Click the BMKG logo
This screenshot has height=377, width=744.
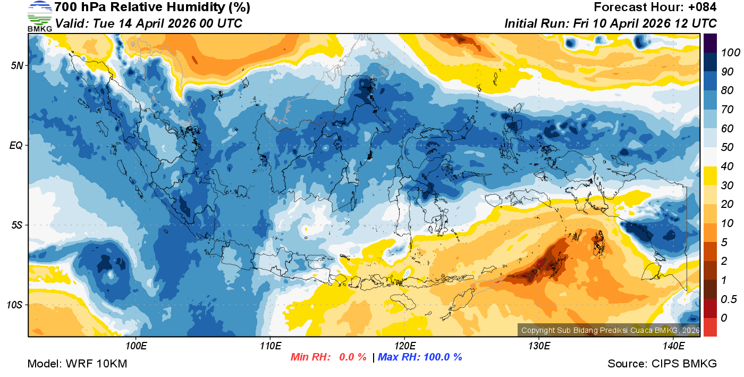[39, 16]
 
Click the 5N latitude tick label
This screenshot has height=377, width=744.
[16, 65]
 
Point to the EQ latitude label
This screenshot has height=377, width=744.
[16, 145]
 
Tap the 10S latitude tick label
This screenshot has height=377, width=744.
[15, 305]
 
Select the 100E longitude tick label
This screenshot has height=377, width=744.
[136, 346]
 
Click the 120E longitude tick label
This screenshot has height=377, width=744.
[404, 346]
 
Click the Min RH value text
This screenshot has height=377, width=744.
[328, 357]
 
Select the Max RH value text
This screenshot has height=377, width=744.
[420, 357]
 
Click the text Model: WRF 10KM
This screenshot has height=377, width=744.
[77, 364]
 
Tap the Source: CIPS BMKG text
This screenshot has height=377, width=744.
[662, 364]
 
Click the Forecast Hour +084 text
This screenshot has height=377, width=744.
[655, 7]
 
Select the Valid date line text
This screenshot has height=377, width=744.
[149, 23]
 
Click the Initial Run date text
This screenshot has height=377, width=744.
[611, 23]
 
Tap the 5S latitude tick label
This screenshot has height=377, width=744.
[16, 225]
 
